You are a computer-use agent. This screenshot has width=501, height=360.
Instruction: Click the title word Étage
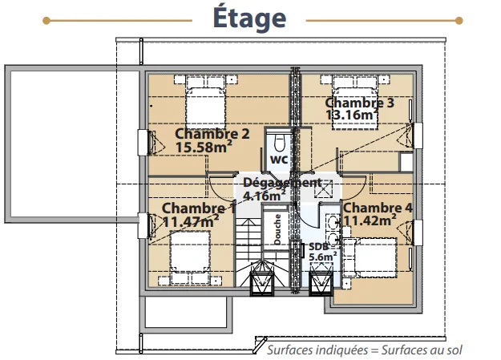pos(249,17)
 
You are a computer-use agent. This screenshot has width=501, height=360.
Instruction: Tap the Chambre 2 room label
pos(212,134)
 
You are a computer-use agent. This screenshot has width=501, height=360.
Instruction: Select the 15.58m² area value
pos(204,147)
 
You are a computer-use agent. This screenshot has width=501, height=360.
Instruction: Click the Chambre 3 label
pos(359,103)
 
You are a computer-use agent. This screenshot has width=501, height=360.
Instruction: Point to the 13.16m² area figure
pos(352,115)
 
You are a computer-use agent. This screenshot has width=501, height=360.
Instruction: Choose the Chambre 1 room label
pos(199,208)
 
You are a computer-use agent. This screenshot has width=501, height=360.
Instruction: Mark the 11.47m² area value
pos(191,221)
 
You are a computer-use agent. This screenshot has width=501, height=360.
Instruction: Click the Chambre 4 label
pos(378,208)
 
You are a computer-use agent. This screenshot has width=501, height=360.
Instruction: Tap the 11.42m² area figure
pos(370,220)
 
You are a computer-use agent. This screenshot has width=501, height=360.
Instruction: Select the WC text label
pos(279,160)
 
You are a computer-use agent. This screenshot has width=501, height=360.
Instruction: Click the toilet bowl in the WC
pos(279,144)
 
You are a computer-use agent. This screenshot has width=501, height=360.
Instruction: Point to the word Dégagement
pos(282,183)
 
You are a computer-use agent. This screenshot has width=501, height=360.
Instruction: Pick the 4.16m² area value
pos(265,196)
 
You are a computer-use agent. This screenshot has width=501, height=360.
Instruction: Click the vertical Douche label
pos(277,229)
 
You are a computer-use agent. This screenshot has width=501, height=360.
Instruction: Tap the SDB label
pos(318,246)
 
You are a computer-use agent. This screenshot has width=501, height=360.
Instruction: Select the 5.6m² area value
pos(323,257)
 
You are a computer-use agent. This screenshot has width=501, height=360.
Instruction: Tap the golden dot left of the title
pos(46,21)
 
